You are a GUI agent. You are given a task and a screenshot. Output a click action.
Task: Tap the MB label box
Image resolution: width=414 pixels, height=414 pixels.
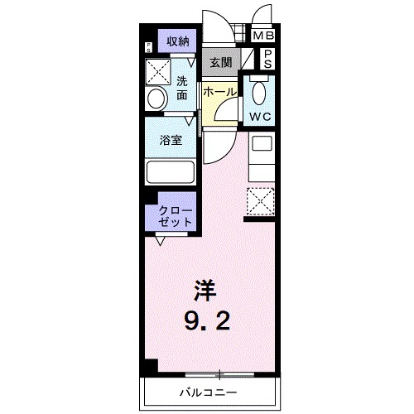pos(262,36)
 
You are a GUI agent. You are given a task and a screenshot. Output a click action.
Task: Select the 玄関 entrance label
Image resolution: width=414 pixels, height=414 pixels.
pos(219,62)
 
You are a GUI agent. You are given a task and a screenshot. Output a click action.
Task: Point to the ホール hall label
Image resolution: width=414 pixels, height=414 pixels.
pos(219,92)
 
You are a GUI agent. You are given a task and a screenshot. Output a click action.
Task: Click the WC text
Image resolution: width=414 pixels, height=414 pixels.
pos(261,117)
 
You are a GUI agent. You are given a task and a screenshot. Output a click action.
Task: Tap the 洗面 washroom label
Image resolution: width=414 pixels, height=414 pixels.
pos(182,88)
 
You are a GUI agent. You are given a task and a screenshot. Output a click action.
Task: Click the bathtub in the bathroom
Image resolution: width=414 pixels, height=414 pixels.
pos(170,173)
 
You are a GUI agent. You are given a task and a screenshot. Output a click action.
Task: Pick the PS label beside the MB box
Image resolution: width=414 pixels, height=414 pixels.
pos(268,57)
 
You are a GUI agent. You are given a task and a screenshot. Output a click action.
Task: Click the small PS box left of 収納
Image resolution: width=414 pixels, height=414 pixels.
pos(149,47)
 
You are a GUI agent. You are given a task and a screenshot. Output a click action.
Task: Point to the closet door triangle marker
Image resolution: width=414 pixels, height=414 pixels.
pos(159,241)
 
